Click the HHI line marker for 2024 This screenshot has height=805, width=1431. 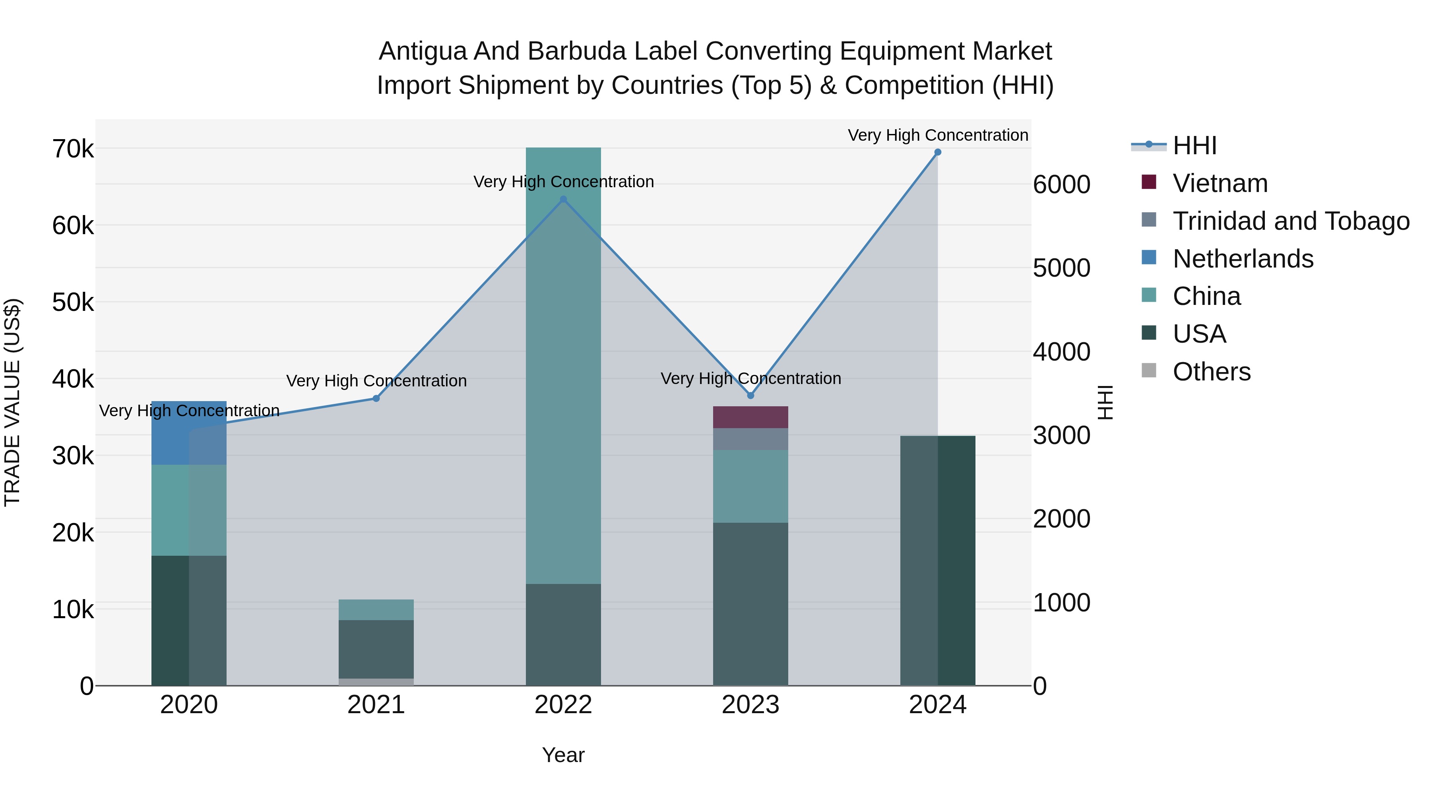pos(938,152)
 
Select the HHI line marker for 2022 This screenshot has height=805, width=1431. pos(563,200)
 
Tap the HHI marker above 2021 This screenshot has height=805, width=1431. pos(376,398)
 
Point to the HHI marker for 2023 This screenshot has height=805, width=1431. pos(750,396)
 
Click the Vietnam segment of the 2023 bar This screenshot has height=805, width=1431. pos(750,417)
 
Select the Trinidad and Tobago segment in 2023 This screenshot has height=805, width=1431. pos(750,439)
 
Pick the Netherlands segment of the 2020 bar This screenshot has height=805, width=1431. pos(189,433)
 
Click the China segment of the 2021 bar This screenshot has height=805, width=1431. pos(376,609)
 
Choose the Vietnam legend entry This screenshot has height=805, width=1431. pos(1220,183)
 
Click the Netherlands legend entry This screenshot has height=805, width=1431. pos(1243,259)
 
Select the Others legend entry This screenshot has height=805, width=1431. pos(1211,372)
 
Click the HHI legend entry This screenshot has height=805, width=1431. pos(1194,145)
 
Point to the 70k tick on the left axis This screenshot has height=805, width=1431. pos(73,149)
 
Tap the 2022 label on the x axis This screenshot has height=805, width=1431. pos(563,705)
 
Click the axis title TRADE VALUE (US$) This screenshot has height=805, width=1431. pos(12,402)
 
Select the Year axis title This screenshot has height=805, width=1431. pos(563,755)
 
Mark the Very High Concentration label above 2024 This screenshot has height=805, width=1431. pos(938,135)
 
